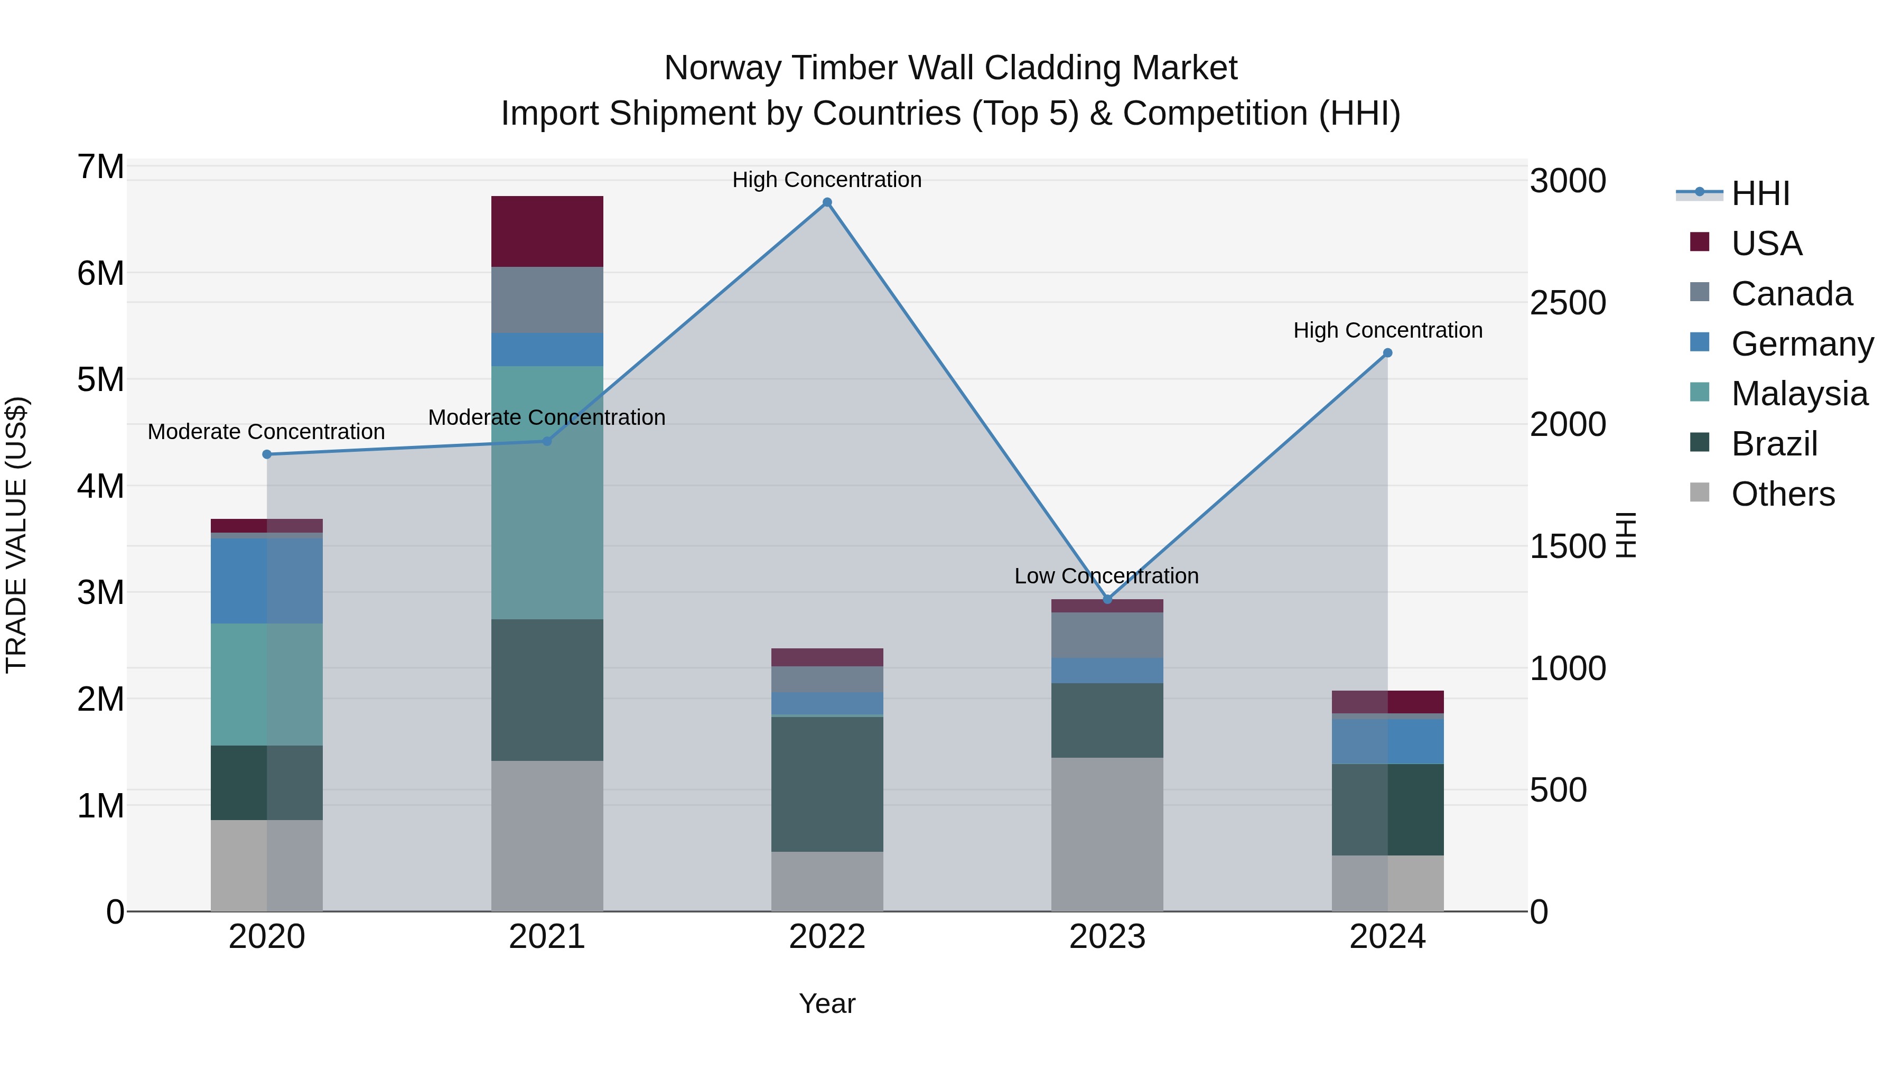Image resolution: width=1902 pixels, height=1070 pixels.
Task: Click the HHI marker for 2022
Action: click(x=827, y=202)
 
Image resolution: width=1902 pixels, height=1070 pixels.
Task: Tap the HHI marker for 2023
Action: click(x=1107, y=599)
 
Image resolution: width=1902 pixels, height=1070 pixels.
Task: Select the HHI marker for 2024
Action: click(x=1387, y=353)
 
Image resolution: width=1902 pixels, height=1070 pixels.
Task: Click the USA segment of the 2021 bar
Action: click(x=547, y=231)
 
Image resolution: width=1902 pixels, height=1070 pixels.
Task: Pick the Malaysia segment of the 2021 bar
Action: click(x=547, y=492)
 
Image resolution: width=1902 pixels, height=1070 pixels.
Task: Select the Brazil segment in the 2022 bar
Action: click(x=827, y=784)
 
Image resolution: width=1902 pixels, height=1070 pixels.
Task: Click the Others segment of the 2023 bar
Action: click(x=1107, y=834)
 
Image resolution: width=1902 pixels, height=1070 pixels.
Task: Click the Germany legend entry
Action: click(x=1802, y=344)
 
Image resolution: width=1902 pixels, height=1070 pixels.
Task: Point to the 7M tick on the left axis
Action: click(x=101, y=167)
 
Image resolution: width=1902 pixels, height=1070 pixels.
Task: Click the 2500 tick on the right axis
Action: click(x=1567, y=303)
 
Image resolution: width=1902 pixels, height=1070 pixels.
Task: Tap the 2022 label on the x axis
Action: click(x=827, y=937)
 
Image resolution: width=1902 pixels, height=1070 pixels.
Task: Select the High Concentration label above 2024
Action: click(x=1387, y=330)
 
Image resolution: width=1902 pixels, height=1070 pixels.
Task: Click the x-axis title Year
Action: click(x=827, y=1003)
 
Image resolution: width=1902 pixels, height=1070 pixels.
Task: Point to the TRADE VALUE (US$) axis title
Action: click(x=16, y=535)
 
